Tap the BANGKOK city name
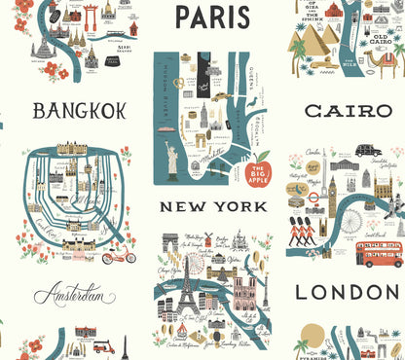80,111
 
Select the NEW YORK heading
213,206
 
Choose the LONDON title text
348,292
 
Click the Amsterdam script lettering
74,294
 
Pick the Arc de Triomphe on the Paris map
171,241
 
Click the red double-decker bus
379,255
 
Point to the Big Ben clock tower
332,195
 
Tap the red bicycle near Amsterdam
118,255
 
